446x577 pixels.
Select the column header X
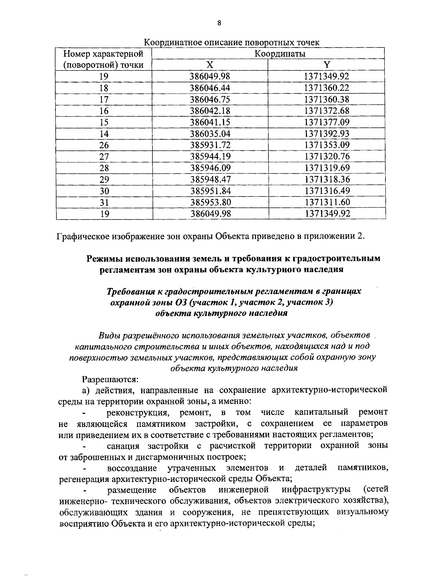[210, 65]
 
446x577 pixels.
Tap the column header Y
[326, 65]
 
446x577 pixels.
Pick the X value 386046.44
[210, 88]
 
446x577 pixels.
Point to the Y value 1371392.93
[327, 134]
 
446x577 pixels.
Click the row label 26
[104, 145]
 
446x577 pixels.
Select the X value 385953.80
[210, 202]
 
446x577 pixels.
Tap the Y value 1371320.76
[327, 156]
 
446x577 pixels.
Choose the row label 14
[104, 134]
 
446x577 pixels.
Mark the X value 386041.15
[210, 122]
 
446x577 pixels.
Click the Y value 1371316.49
[327, 191]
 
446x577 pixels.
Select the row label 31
[104, 202]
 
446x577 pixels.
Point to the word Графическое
[84, 236]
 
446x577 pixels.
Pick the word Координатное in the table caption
[172, 43]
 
